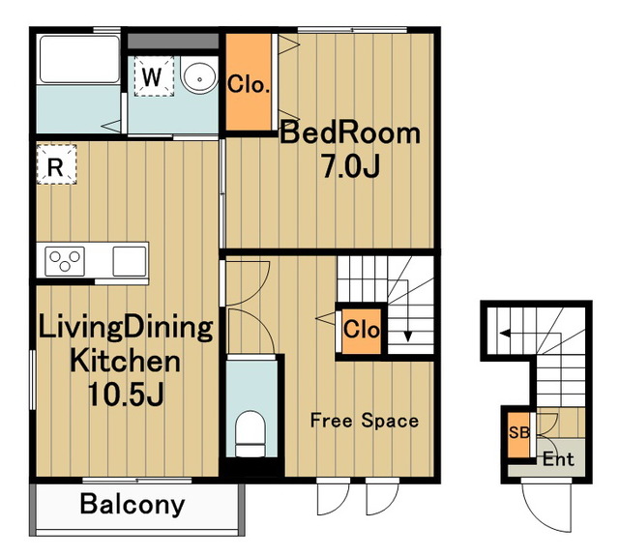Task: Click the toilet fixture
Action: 250,433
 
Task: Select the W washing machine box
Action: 154,76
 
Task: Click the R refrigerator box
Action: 56,164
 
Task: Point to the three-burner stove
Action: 65,261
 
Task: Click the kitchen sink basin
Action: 130,261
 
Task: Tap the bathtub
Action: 79,59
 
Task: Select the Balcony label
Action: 133,505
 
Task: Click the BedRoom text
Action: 350,133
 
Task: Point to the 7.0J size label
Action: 351,166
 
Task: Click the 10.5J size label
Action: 126,395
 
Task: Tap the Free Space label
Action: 365,421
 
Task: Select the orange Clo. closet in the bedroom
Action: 249,81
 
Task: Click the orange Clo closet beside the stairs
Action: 361,331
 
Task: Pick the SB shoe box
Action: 518,435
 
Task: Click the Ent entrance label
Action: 558,459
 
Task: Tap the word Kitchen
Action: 125,361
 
